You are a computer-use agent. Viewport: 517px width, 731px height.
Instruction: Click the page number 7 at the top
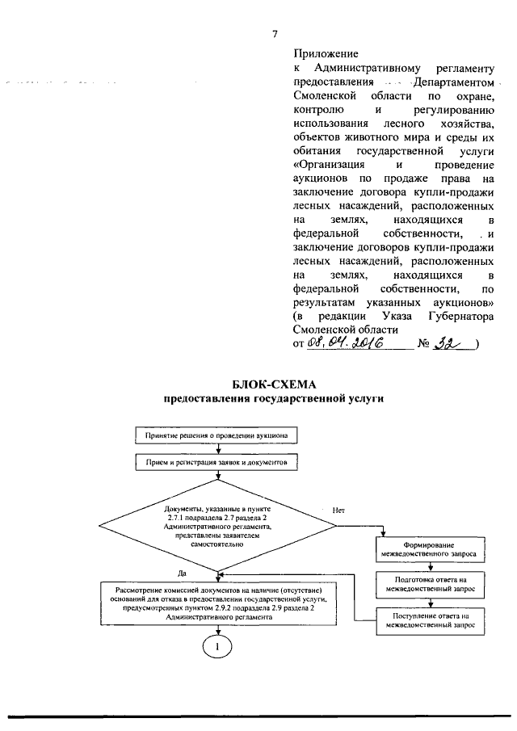point(275,33)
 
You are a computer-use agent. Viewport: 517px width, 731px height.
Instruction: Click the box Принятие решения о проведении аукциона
point(216,435)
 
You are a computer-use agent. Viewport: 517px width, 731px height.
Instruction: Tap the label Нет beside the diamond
point(339,510)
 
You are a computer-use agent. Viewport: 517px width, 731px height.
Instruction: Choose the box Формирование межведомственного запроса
point(429,550)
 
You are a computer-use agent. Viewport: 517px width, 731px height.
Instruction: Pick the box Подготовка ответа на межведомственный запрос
point(429,585)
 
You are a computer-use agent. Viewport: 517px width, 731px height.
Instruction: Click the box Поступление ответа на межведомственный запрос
point(429,620)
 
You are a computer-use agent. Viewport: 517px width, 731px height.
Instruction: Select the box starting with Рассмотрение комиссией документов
point(215,602)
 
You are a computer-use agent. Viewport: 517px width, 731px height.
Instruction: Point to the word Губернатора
point(458,316)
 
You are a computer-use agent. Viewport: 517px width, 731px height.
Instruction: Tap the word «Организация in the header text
point(328,165)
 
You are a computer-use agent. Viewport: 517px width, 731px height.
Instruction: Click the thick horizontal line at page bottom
point(258,715)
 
